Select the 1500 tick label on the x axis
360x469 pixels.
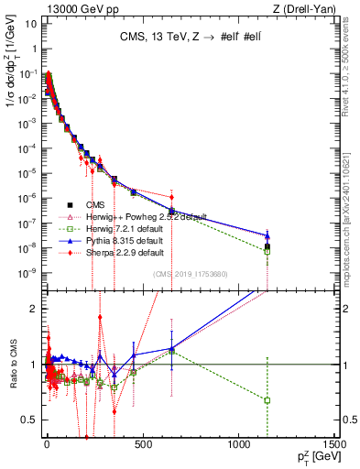tap(333, 445)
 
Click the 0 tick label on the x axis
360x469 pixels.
tap(47, 445)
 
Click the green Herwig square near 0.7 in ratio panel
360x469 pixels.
tap(267, 400)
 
